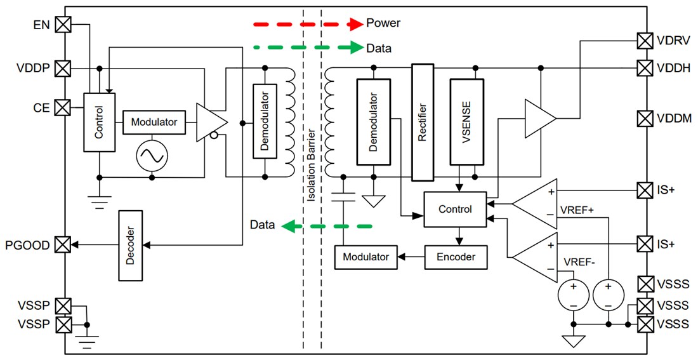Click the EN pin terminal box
(x=63, y=25)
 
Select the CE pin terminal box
(x=63, y=107)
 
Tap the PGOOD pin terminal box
(x=63, y=244)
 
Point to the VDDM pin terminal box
(x=645, y=118)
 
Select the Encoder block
(x=456, y=257)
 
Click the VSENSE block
(x=466, y=121)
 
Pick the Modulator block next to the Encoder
(x=365, y=257)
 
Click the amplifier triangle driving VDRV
(x=538, y=118)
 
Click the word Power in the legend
(x=383, y=23)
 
